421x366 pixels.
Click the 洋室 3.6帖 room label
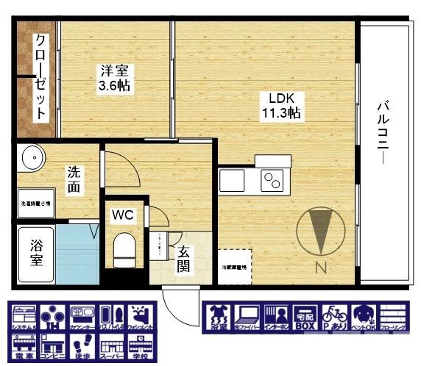[115, 79]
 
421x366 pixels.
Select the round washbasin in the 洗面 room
[32, 157]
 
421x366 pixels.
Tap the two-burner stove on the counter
[272, 180]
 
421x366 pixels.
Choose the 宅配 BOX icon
[305, 316]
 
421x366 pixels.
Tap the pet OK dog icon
[364, 316]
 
